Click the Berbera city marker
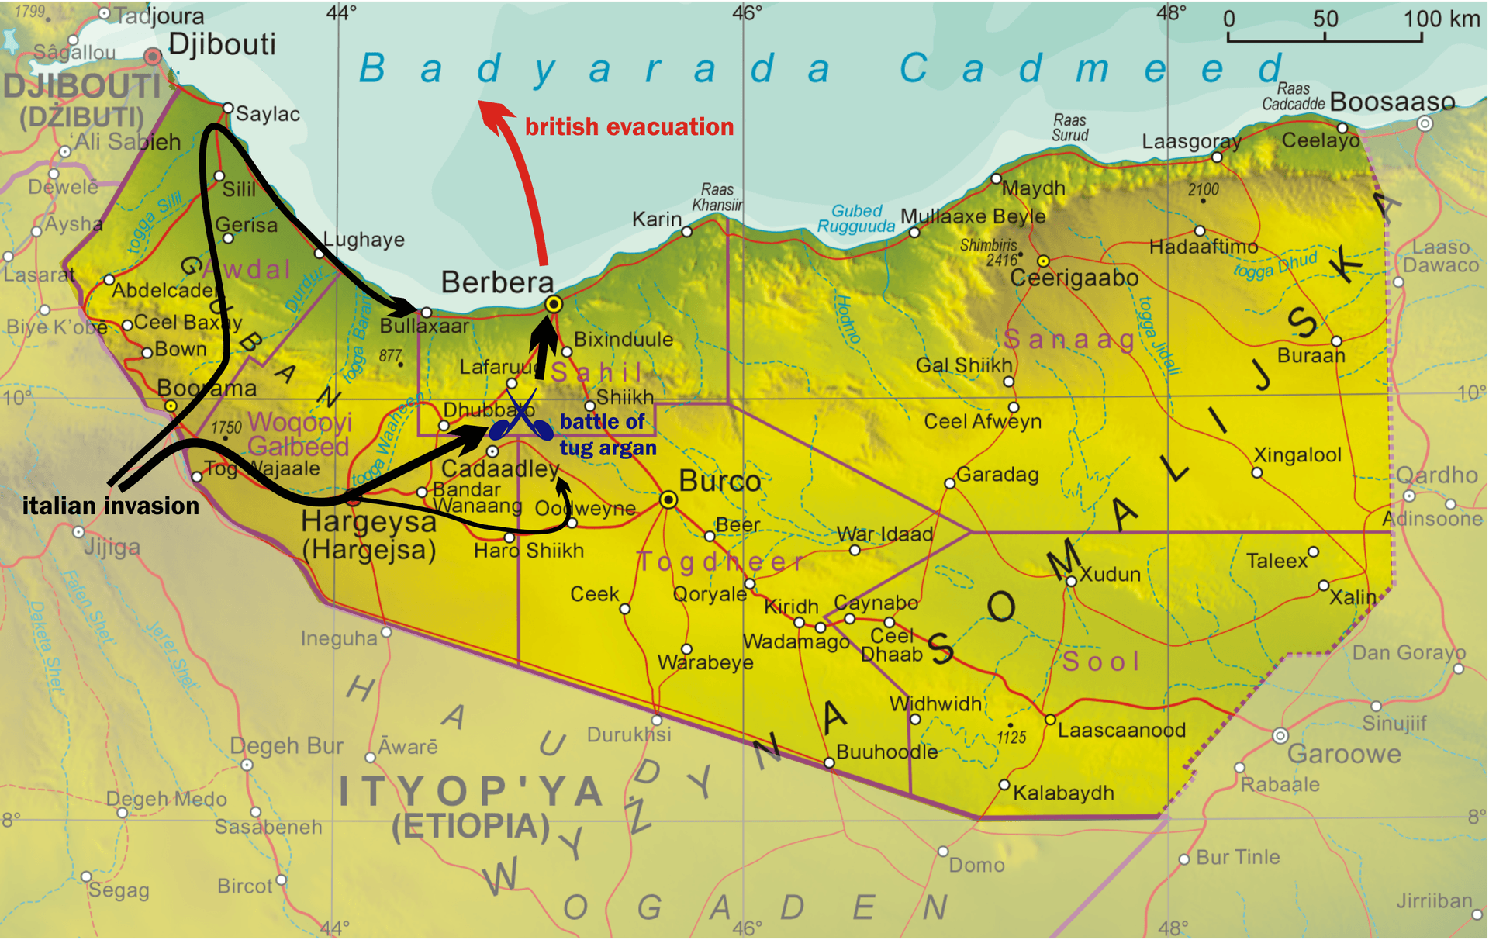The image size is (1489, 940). coord(553,304)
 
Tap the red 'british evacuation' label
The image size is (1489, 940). coord(629,126)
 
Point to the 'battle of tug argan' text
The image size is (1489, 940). coord(607,434)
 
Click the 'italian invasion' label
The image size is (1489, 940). coord(110,506)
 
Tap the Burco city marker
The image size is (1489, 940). coord(668,500)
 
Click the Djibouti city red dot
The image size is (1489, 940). coord(153,56)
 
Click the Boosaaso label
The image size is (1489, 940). coord(1392,102)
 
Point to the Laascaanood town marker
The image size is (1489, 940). coord(1049,720)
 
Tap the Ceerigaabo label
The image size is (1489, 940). coord(1074,278)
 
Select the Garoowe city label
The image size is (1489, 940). coord(1344,753)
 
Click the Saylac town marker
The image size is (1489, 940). coord(228,108)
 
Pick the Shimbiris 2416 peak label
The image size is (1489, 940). coord(988,252)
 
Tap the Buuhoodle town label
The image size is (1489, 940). coord(886,752)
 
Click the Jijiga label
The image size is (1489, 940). coord(112,548)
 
